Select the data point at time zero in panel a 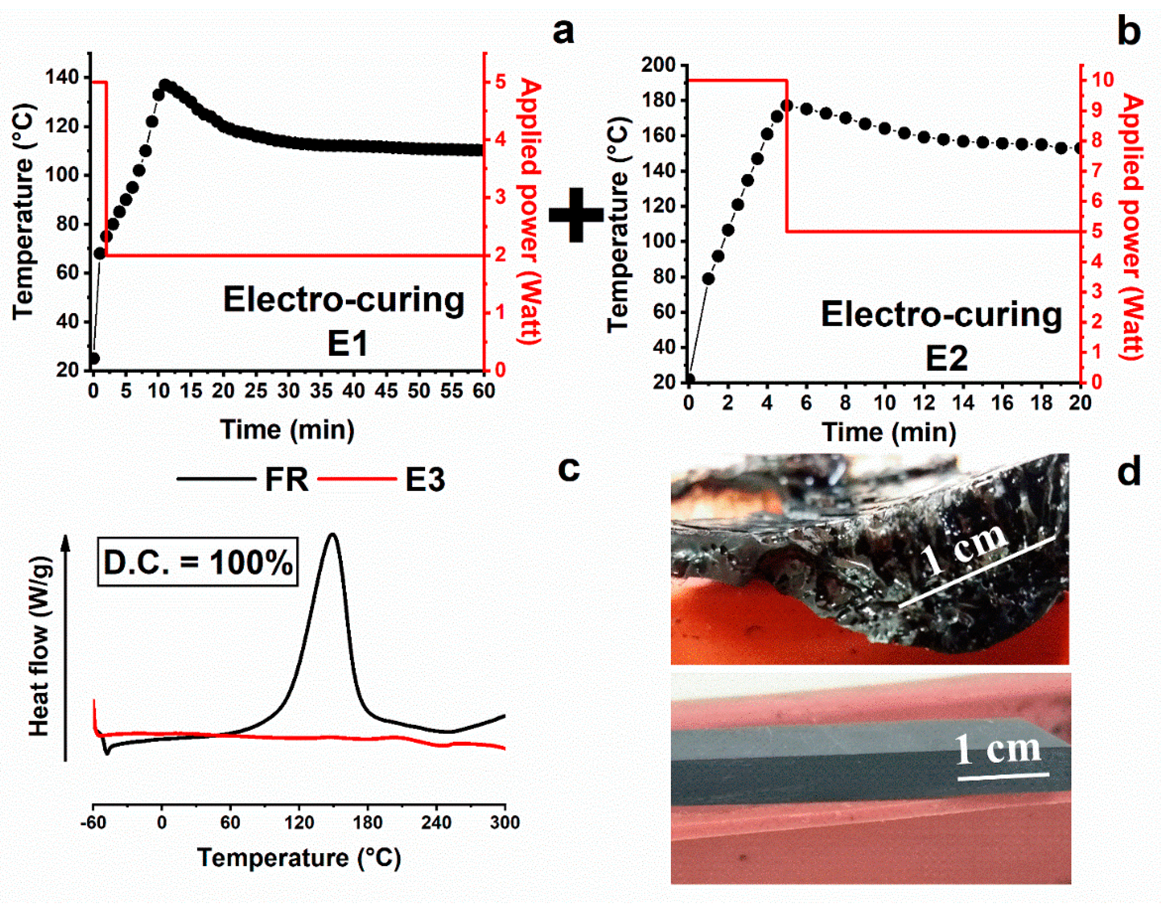coord(94,358)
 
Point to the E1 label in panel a coord(347,344)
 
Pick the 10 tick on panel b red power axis coord(1101,80)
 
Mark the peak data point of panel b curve coord(786,105)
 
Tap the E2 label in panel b coord(946,359)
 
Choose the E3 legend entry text coord(425,479)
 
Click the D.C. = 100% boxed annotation coord(198,563)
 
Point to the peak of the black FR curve coord(333,534)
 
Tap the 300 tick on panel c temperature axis coord(505,822)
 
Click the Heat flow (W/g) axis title coord(39,647)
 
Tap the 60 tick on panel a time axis coord(484,391)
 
